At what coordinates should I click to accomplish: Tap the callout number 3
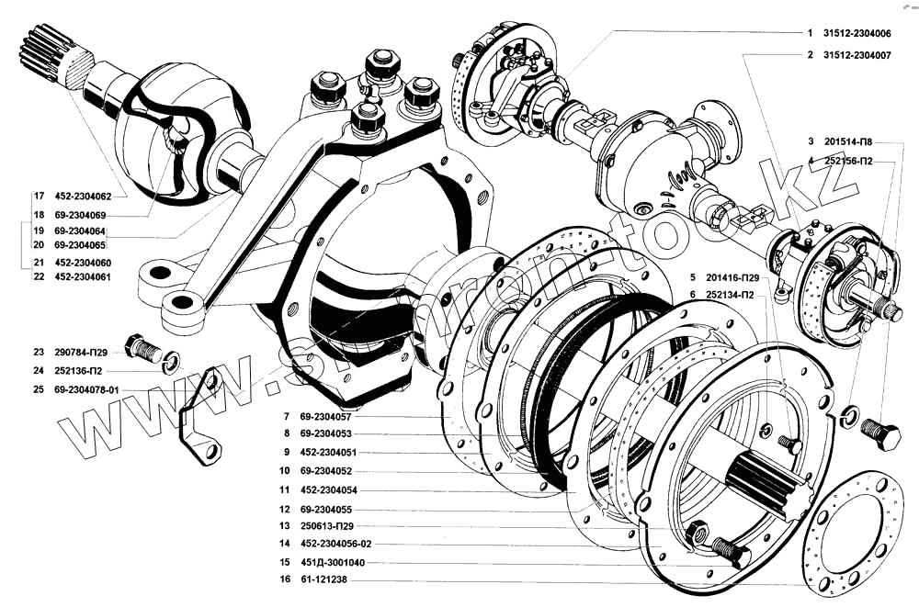pos(811,142)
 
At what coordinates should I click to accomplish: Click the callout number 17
pos(38,197)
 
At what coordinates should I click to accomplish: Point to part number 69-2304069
pos(81,214)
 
